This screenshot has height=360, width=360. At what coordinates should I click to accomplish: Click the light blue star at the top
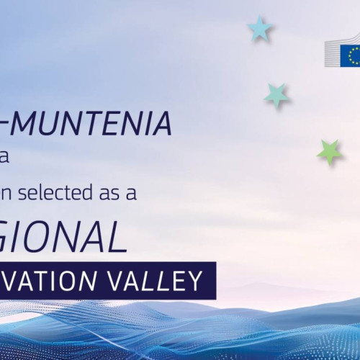pos(259,29)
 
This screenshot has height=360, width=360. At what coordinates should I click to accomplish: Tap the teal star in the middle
pos(276,94)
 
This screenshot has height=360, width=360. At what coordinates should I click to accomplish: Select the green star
pos(329,152)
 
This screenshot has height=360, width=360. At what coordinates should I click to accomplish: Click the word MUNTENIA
pos(94,125)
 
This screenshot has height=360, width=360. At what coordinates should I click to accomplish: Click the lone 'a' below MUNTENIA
pos(4,158)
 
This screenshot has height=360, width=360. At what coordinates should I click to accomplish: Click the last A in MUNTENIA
pos(162,125)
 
